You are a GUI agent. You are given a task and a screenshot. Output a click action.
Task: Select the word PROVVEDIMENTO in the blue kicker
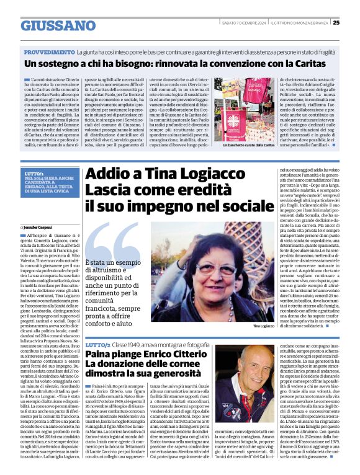click(x=49, y=53)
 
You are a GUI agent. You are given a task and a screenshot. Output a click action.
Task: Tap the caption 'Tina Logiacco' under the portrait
click(x=263, y=325)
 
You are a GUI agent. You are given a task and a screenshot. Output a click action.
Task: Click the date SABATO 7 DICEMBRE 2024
click(x=243, y=23)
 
